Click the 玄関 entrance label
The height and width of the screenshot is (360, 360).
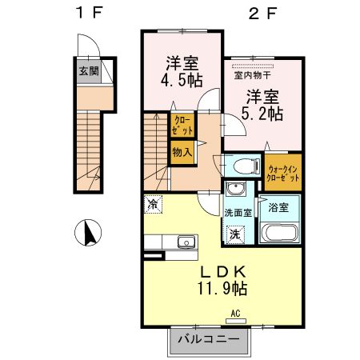pos(88,71)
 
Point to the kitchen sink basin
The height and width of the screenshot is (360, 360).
pos(186,241)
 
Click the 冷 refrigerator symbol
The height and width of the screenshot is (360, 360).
pos(153,204)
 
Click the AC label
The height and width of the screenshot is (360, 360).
pos(236,313)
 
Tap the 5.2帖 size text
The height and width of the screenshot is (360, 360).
pos(262,114)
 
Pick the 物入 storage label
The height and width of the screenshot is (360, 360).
pos(182,150)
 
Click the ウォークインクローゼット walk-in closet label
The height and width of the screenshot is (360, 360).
pos(284,172)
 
